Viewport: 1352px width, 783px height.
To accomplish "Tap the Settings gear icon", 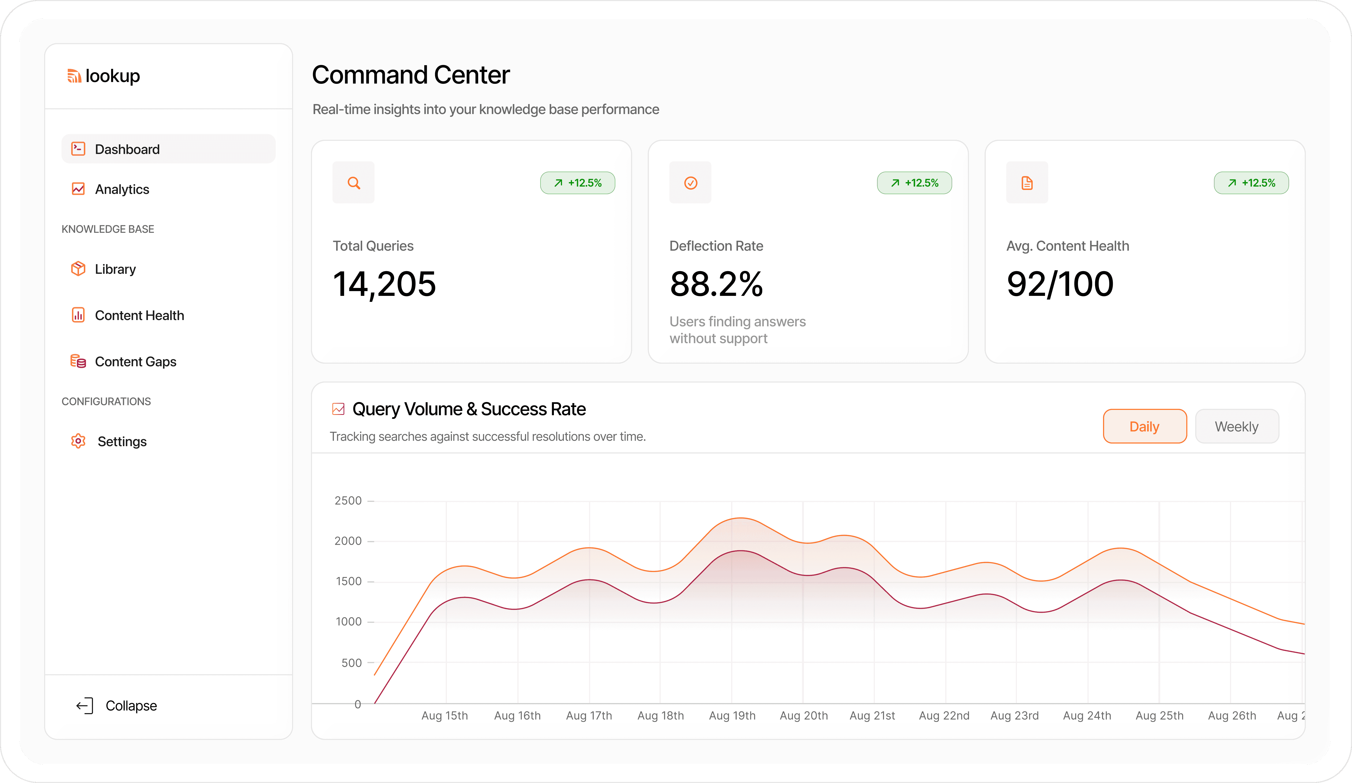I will [x=78, y=441].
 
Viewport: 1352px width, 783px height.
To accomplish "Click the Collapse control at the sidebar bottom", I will [x=117, y=706].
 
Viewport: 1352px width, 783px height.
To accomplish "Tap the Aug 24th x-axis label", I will [x=1087, y=715].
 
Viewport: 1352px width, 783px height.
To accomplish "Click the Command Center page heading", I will [x=410, y=75].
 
